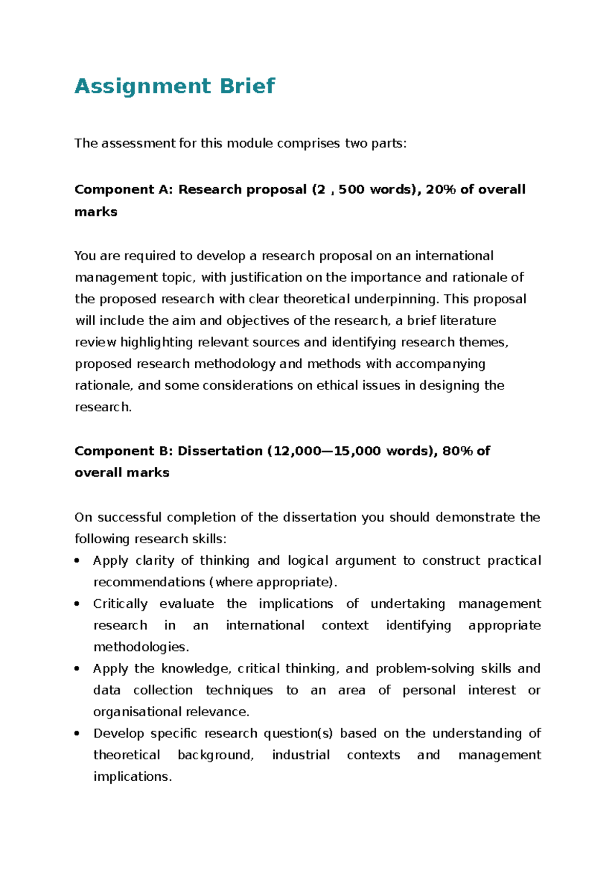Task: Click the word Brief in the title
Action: (248, 86)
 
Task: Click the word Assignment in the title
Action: (142, 86)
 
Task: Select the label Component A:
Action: (124, 189)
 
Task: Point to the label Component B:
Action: (124, 451)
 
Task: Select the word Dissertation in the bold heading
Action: (220, 451)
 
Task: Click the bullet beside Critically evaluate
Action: (77, 604)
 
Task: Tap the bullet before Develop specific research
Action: (77, 734)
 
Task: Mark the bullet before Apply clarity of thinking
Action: (77, 561)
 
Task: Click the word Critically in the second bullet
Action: (120, 604)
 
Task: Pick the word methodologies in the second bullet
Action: (140, 647)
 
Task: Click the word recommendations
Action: (149, 582)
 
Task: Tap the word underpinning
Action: (396, 299)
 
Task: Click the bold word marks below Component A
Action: (96, 212)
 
